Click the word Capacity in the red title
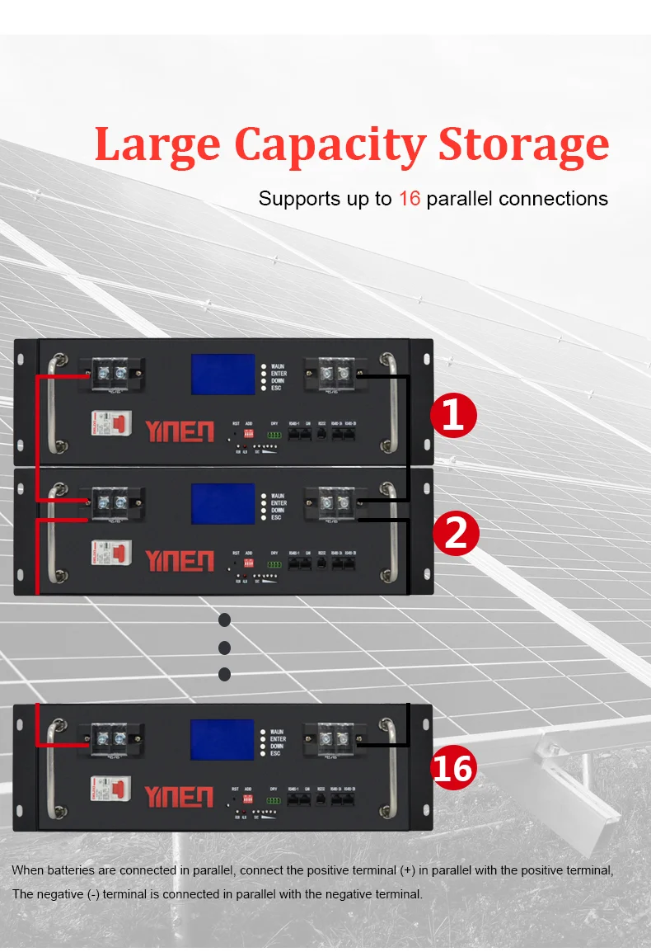[x=329, y=144]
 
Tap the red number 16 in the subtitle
[x=410, y=199]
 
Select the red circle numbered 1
[x=454, y=415]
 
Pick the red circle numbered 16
[x=454, y=769]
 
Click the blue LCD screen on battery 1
[x=222, y=375]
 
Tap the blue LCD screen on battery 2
[x=222, y=503]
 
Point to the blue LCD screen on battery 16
[x=222, y=739]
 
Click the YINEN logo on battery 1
[x=179, y=431]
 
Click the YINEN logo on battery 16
[x=179, y=796]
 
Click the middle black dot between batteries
[x=224, y=647]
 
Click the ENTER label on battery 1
[x=279, y=374]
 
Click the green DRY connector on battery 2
[x=274, y=565]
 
